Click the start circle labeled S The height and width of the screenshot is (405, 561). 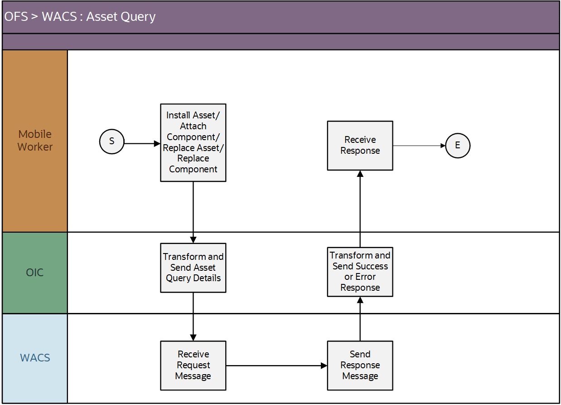click(x=112, y=141)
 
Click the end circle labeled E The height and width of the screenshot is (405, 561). click(x=458, y=146)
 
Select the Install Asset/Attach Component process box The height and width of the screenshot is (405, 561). click(x=193, y=142)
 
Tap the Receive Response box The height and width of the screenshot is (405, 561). click(x=360, y=146)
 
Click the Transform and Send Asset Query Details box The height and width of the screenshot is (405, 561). click(x=193, y=268)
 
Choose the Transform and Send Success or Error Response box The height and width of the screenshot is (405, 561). click(x=360, y=272)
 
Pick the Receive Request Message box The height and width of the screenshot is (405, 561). click(x=193, y=365)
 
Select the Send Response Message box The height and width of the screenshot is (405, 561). click(x=360, y=365)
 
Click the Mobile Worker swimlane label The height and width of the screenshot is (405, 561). click(x=35, y=141)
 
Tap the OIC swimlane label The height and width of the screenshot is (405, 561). click(x=35, y=273)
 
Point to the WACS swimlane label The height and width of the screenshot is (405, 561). click(x=35, y=358)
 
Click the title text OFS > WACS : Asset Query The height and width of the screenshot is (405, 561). click(x=80, y=17)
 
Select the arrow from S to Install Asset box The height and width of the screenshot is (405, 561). click(x=142, y=143)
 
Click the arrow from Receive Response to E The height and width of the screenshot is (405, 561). click(x=419, y=146)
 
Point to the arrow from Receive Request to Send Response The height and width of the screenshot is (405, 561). click(x=276, y=365)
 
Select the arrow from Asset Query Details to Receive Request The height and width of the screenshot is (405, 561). click(x=193, y=316)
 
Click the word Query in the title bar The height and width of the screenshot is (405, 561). click(x=139, y=17)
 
